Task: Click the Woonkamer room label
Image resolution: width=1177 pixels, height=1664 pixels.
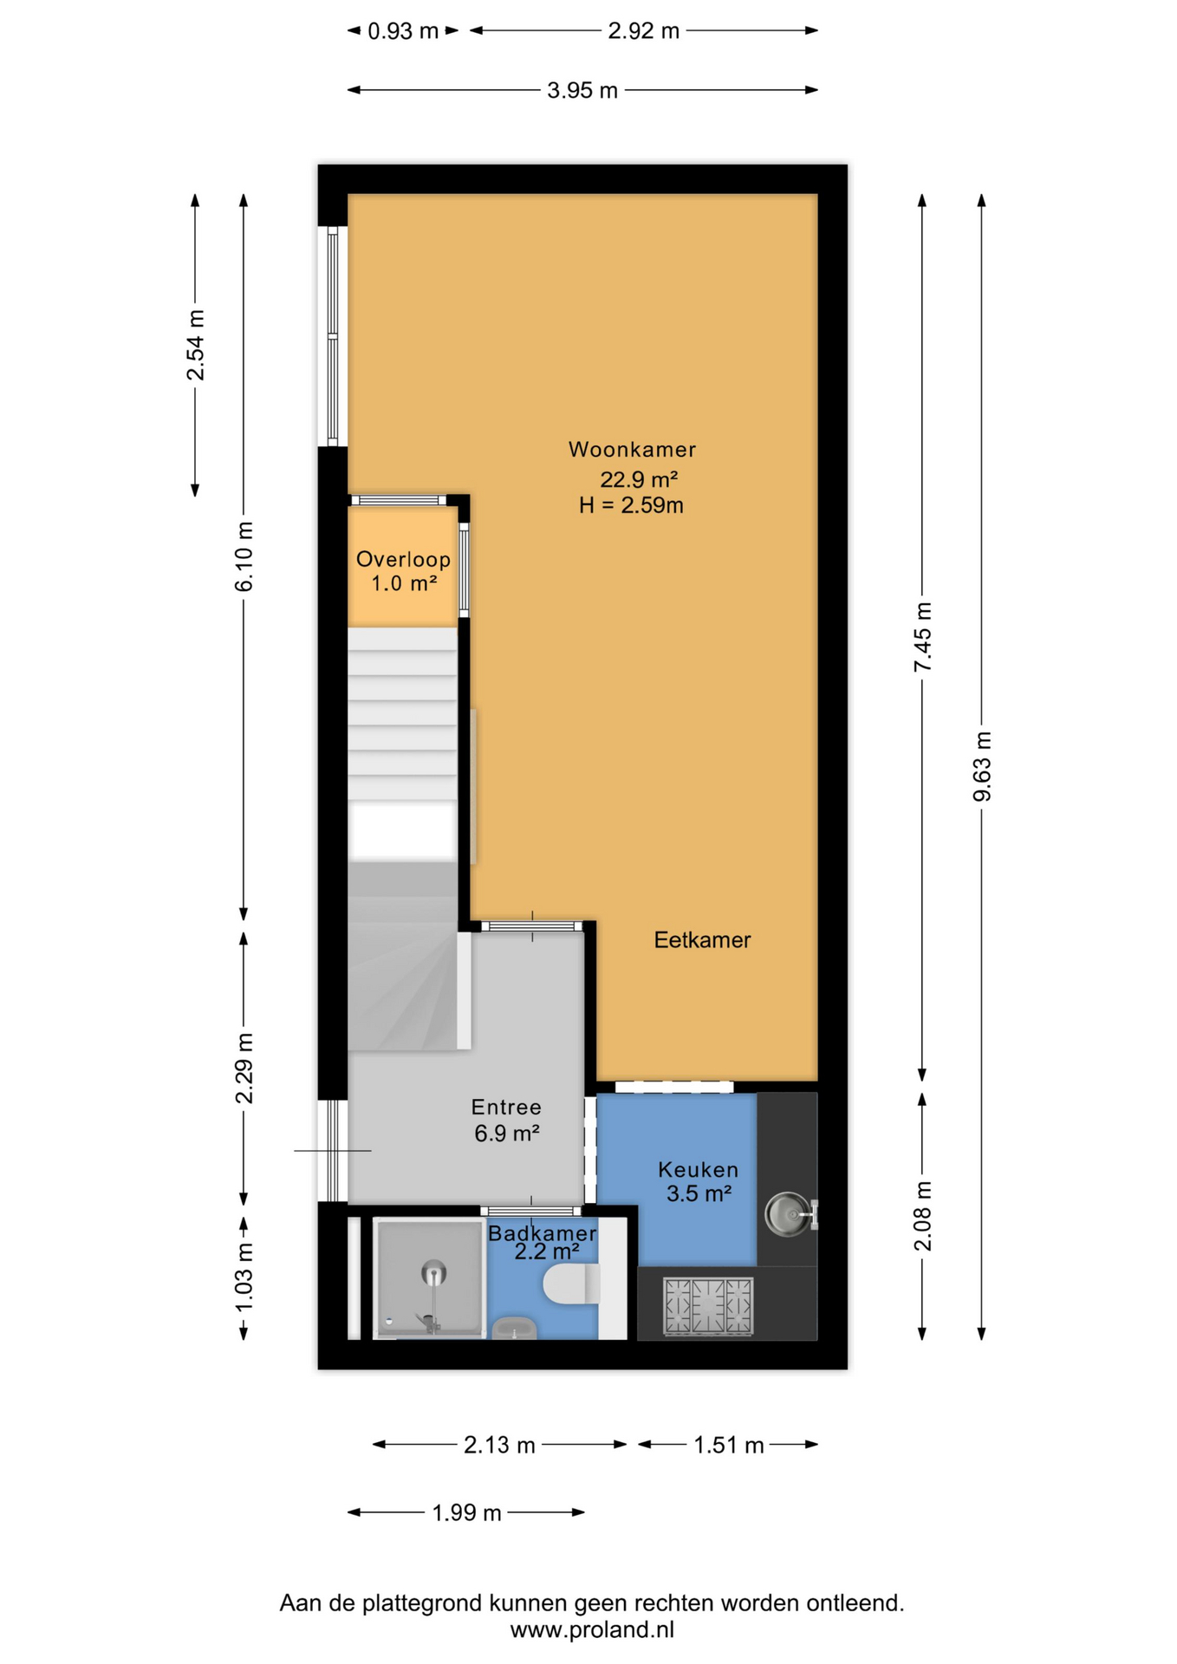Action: (x=632, y=449)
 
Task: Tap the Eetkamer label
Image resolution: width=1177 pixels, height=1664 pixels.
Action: (x=702, y=939)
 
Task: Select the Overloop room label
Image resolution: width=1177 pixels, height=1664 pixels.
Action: (x=403, y=559)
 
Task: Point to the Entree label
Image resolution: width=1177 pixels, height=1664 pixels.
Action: (x=506, y=1107)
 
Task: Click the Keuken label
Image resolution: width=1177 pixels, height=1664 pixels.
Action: (x=698, y=1169)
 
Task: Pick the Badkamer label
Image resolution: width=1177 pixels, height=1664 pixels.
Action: (x=542, y=1232)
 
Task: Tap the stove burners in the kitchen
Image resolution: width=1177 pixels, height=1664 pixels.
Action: (x=708, y=1304)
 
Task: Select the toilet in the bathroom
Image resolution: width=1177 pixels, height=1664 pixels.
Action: (x=571, y=1284)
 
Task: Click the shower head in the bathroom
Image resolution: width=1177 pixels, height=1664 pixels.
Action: (x=434, y=1273)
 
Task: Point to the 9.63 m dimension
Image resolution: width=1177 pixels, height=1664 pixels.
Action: (x=982, y=766)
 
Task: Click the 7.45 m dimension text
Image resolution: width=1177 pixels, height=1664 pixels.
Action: (x=923, y=637)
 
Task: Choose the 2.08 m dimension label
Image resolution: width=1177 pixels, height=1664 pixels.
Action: (x=923, y=1216)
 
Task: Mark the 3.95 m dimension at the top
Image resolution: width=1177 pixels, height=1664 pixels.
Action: (x=582, y=90)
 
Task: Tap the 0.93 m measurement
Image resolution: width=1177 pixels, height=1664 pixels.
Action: (x=403, y=31)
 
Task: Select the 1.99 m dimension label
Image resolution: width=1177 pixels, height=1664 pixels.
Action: (x=467, y=1512)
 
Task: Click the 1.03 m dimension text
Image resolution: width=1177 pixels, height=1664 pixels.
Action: (x=244, y=1277)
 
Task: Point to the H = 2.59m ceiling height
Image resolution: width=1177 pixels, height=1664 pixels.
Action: (x=631, y=504)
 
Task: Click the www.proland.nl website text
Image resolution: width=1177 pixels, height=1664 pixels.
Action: (x=592, y=1629)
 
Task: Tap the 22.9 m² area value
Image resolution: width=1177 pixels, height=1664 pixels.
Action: (x=639, y=478)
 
